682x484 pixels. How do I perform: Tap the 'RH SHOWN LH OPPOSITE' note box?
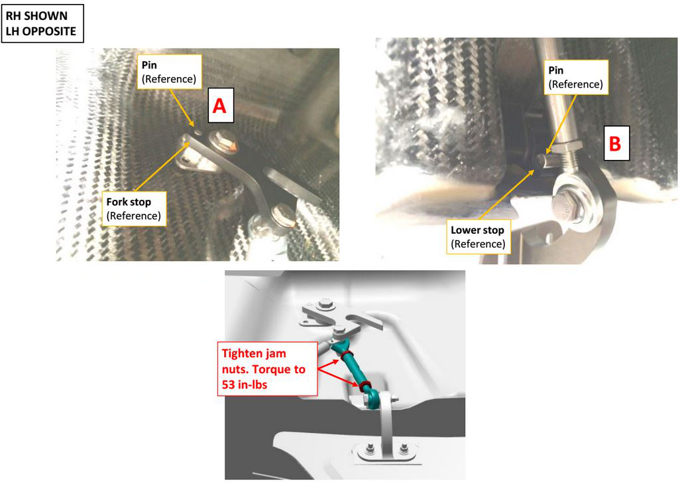coord(42,23)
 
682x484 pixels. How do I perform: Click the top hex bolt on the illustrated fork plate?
coord(325,305)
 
